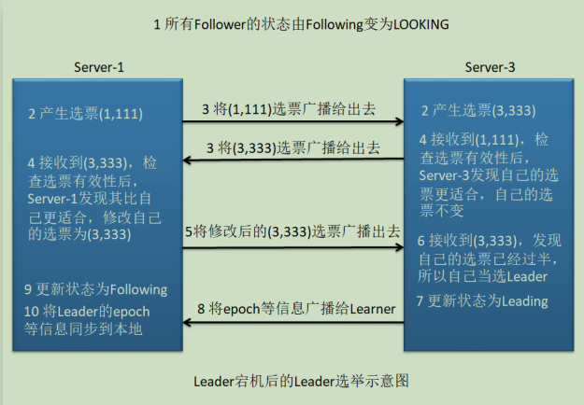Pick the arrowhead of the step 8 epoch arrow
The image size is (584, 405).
pos(188,324)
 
